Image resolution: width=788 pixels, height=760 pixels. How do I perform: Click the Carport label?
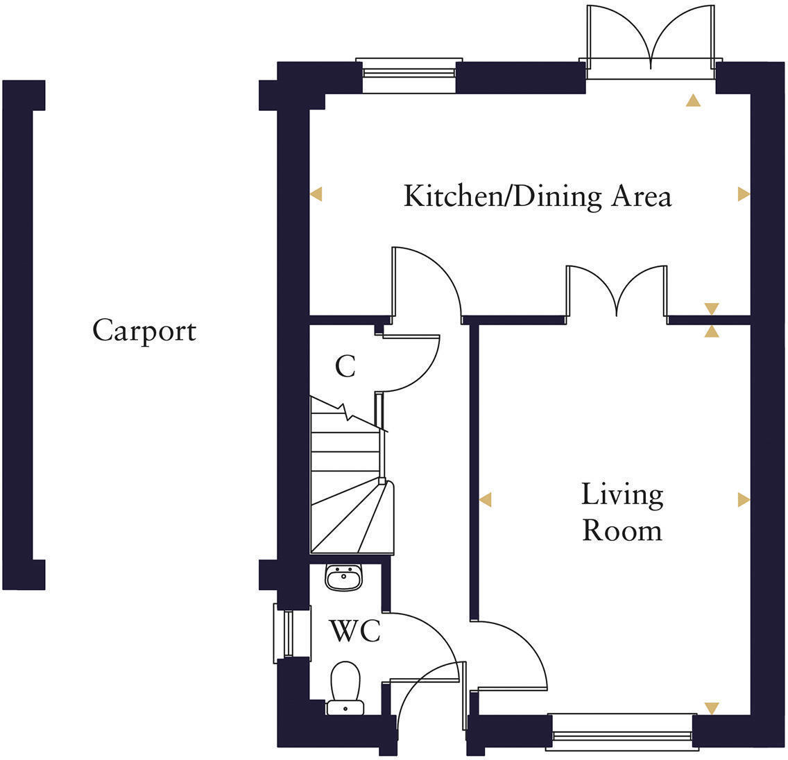[x=144, y=331]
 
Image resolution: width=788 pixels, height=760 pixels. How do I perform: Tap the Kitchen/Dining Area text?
[x=538, y=196]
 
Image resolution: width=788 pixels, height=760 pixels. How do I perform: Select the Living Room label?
[x=622, y=512]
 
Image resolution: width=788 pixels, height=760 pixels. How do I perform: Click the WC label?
[x=354, y=632]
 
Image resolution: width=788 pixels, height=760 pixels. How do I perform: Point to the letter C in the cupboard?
[x=345, y=367]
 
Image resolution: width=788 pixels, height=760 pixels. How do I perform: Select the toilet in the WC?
[x=345, y=686]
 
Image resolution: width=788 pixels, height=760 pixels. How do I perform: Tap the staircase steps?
[x=345, y=485]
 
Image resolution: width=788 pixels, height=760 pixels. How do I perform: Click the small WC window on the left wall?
[x=284, y=632]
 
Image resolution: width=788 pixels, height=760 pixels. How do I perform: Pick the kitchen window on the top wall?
[x=409, y=75]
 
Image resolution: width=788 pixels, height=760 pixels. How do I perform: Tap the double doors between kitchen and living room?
[x=617, y=291]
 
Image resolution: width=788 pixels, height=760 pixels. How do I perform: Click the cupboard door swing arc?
[x=416, y=364]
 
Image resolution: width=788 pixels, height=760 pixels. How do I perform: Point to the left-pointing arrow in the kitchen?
[x=316, y=195]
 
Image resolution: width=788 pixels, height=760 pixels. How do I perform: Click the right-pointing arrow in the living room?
[x=743, y=499]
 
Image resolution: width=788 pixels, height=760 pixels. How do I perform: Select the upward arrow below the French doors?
[x=692, y=101]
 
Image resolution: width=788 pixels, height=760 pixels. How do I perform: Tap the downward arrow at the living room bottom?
[x=711, y=708]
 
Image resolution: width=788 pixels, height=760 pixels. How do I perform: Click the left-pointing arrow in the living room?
[x=486, y=499]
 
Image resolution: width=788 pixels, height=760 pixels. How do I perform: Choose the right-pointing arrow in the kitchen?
[x=743, y=195]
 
